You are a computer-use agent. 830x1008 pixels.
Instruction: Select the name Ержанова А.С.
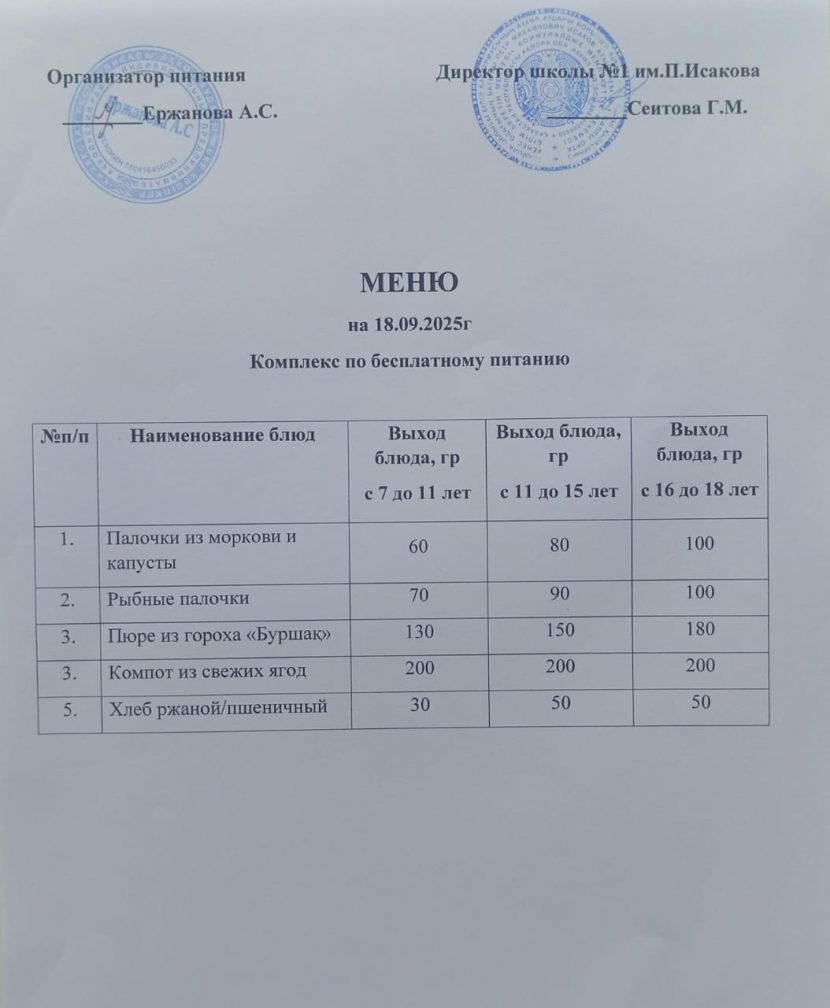click(209, 112)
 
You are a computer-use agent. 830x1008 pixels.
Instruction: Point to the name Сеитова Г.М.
click(688, 107)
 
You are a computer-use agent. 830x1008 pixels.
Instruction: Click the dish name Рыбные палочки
click(178, 598)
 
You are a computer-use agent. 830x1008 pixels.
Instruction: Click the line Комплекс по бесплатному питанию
click(414, 360)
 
